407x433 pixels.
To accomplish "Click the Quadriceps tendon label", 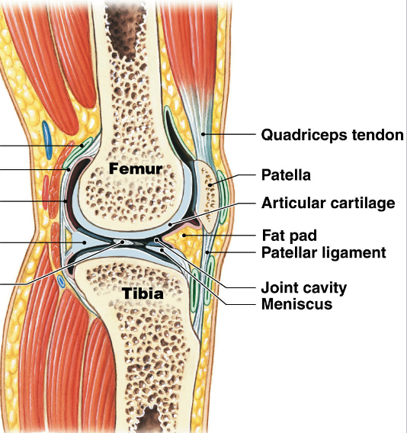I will tap(332, 136).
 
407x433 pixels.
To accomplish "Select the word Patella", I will tap(286, 175).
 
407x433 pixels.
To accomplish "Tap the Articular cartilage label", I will tap(328, 204).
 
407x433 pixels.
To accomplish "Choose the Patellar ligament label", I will tap(324, 252).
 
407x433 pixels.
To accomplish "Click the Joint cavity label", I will tap(303, 287).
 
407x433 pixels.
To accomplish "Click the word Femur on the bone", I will tap(135, 167).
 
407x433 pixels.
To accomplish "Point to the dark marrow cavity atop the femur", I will tap(126, 15).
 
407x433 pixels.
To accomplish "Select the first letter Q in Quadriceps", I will tap(268, 136).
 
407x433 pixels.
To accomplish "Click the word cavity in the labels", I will tap(326, 287).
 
